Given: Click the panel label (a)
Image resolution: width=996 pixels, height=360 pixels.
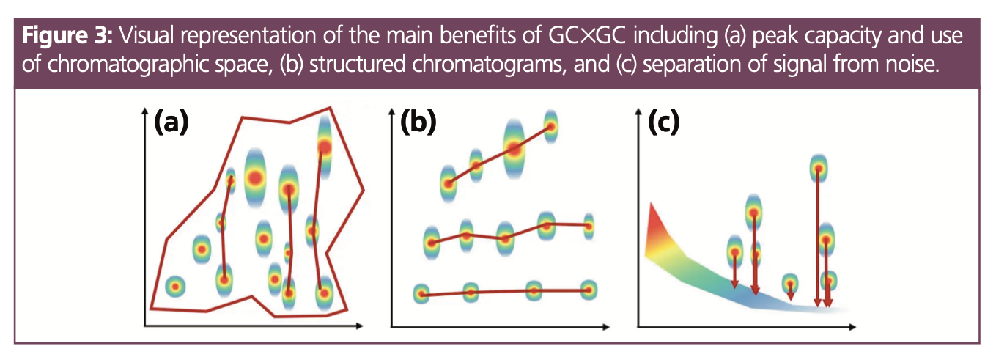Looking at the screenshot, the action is [171, 122].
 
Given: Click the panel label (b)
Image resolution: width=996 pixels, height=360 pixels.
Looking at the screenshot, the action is [418, 122].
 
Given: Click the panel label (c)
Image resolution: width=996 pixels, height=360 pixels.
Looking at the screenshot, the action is [663, 122].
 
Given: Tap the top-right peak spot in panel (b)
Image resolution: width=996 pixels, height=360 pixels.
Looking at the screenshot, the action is [550, 126].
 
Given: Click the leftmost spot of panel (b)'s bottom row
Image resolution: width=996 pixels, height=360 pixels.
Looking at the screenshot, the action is [421, 294].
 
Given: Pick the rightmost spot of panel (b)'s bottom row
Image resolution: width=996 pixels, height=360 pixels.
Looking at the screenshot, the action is [588, 290].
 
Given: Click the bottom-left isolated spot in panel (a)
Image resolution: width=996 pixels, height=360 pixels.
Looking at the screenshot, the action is [174, 286].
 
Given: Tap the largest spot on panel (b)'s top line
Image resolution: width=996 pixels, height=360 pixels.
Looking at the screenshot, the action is [514, 149].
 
